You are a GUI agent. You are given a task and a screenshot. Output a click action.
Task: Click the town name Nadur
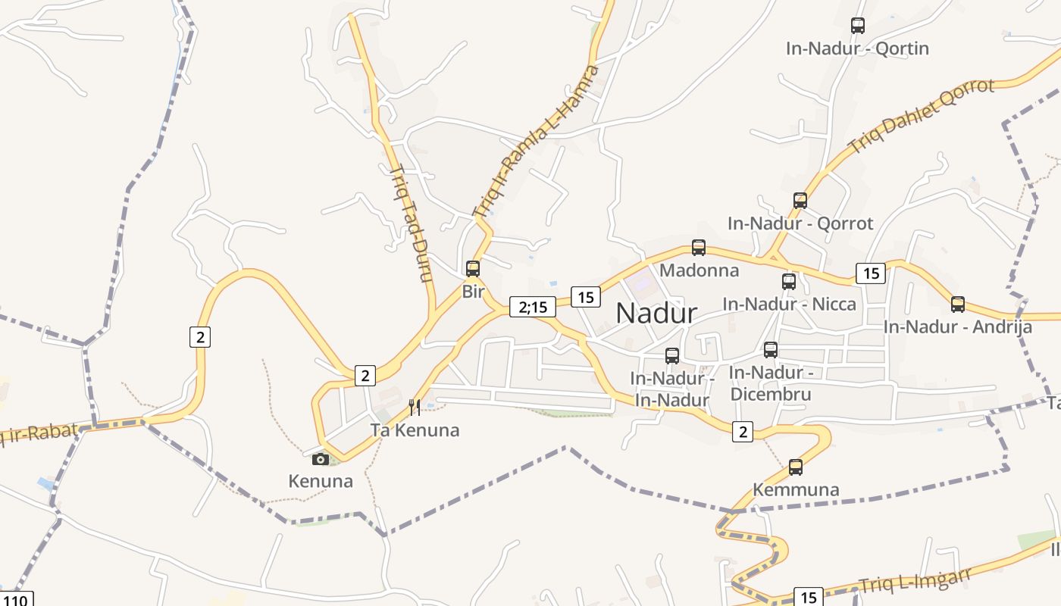pyautogui.click(x=656, y=313)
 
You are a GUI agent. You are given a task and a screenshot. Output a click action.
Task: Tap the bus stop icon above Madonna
pyautogui.click(x=699, y=248)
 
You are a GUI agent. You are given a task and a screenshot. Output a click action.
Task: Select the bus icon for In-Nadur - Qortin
pyautogui.click(x=858, y=26)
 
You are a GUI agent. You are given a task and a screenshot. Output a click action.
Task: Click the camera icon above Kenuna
pyautogui.click(x=321, y=459)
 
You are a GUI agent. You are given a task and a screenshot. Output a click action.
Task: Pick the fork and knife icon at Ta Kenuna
pyautogui.click(x=415, y=408)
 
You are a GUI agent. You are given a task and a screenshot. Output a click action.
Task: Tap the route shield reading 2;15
pyautogui.click(x=527, y=307)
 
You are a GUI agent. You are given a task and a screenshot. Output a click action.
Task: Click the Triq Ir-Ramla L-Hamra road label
pyautogui.click(x=536, y=142)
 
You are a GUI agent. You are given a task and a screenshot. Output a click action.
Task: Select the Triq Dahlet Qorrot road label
pyautogui.click(x=920, y=114)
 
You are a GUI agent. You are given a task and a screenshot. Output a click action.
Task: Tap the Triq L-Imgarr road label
pyautogui.click(x=915, y=582)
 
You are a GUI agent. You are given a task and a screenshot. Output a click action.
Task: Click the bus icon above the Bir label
pyautogui.click(x=473, y=268)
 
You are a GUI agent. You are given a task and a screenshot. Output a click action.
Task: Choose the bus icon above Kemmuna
pyautogui.click(x=796, y=467)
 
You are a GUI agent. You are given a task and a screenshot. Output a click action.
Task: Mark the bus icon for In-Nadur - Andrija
pyautogui.click(x=958, y=305)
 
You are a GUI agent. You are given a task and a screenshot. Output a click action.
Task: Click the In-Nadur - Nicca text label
pyautogui.click(x=789, y=305)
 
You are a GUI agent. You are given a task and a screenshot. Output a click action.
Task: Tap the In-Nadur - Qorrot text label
pyautogui.click(x=800, y=223)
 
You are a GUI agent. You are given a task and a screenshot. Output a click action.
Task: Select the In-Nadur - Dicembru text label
pyautogui.click(x=771, y=383)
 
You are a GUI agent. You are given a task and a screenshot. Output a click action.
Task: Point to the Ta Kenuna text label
pyautogui.click(x=415, y=430)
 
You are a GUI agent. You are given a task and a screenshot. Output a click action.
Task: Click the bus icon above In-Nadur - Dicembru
pyautogui.click(x=771, y=350)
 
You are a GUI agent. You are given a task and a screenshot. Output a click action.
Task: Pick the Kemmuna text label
pyautogui.click(x=796, y=489)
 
